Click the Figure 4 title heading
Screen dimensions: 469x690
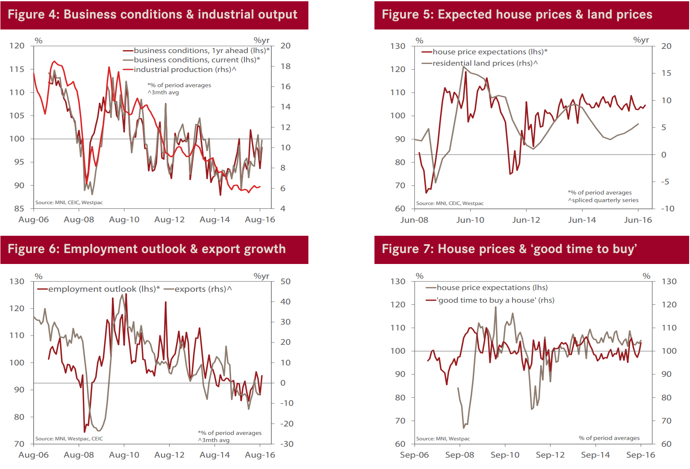(152, 14)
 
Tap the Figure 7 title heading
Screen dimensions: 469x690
(509, 249)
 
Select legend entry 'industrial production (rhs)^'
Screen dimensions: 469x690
(185, 69)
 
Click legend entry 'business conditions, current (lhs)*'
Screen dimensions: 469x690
(196, 60)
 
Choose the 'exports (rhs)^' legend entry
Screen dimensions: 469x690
(203, 289)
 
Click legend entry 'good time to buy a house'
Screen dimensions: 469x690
(496, 300)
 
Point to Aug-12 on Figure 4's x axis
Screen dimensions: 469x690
(169, 219)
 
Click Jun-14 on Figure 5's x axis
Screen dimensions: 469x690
(582, 220)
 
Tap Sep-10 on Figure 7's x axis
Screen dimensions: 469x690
(505, 455)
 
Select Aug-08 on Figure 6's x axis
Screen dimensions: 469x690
(79, 455)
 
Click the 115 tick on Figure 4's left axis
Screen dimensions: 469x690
(17, 69)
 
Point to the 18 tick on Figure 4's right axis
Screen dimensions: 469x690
(286, 66)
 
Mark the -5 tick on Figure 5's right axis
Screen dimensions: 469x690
(665, 181)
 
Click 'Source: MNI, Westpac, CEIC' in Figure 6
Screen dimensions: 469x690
(69, 439)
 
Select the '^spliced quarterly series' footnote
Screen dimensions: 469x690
(603, 200)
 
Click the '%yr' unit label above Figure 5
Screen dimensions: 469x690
(641, 40)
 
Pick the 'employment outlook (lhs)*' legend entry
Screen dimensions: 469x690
(103, 289)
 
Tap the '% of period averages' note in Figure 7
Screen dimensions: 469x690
(609, 438)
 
